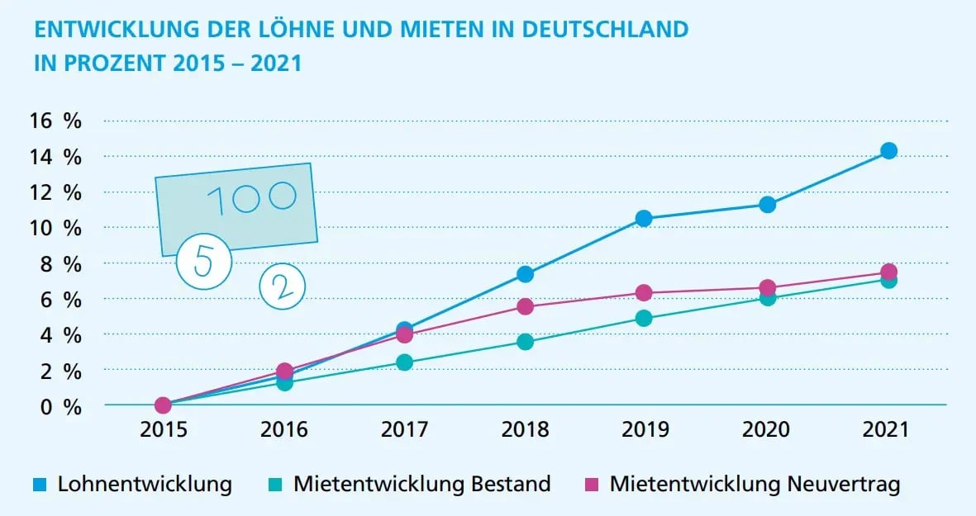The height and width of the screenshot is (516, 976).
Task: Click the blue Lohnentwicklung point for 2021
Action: (x=888, y=150)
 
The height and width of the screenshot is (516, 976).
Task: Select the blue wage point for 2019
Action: (x=644, y=218)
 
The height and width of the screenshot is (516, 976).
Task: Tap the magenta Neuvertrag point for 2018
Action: (x=525, y=306)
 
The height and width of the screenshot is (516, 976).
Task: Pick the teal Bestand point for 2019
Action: (x=644, y=318)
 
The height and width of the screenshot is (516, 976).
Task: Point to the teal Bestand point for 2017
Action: (x=404, y=362)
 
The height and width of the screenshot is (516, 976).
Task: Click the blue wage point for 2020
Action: (x=767, y=204)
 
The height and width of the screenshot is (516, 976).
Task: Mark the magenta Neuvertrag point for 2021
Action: (x=888, y=272)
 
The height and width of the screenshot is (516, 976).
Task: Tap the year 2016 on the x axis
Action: (x=283, y=430)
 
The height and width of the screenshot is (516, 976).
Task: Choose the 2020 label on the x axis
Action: (x=766, y=430)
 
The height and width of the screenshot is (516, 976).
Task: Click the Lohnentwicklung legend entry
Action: (x=144, y=484)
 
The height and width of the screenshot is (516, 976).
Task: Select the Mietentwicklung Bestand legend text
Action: (x=421, y=484)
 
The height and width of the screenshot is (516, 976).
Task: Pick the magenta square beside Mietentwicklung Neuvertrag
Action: (x=593, y=485)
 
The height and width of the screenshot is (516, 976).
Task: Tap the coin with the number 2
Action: (x=282, y=286)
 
